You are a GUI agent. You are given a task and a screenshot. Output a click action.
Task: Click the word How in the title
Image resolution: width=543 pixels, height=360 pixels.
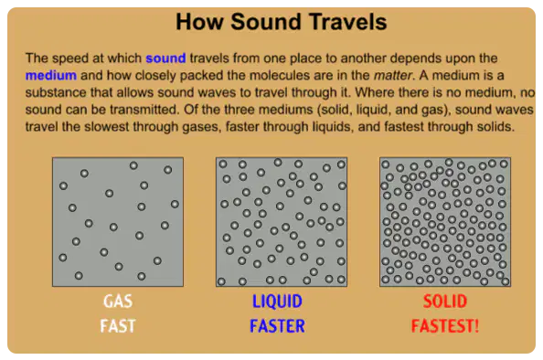tap(199, 22)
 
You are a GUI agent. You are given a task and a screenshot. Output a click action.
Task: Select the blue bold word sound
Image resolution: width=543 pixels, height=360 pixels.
tap(165, 58)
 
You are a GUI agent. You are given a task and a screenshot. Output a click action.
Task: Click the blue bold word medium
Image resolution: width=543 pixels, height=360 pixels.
tap(51, 75)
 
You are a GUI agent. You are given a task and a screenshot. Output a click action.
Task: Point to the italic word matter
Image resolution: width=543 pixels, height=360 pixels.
tap(393, 75)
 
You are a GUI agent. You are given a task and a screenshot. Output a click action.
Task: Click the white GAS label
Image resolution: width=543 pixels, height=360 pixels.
tap(118, 302)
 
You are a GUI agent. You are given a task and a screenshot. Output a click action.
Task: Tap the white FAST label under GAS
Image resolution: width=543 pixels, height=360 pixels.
tap(118, 326)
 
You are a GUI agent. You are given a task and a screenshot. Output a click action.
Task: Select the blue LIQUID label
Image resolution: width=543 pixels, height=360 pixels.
tap(277, 302)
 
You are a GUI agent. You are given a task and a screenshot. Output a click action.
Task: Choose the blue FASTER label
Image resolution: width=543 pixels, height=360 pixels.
tap(277, 326)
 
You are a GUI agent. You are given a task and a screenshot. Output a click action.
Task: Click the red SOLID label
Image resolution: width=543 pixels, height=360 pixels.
tap(445, 302)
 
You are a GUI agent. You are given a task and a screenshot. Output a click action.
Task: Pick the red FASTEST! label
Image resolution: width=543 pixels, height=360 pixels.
tap(445, 326)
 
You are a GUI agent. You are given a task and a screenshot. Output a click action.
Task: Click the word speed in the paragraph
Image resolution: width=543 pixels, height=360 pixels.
tap(72, 58)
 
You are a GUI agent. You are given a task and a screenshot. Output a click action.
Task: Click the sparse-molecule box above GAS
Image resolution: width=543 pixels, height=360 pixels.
tap(118, 222)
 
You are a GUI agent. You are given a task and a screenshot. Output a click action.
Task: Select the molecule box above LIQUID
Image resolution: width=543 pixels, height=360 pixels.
tap(282, 222)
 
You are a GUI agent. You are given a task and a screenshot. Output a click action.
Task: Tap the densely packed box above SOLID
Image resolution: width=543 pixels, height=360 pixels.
tap(445, 222)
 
